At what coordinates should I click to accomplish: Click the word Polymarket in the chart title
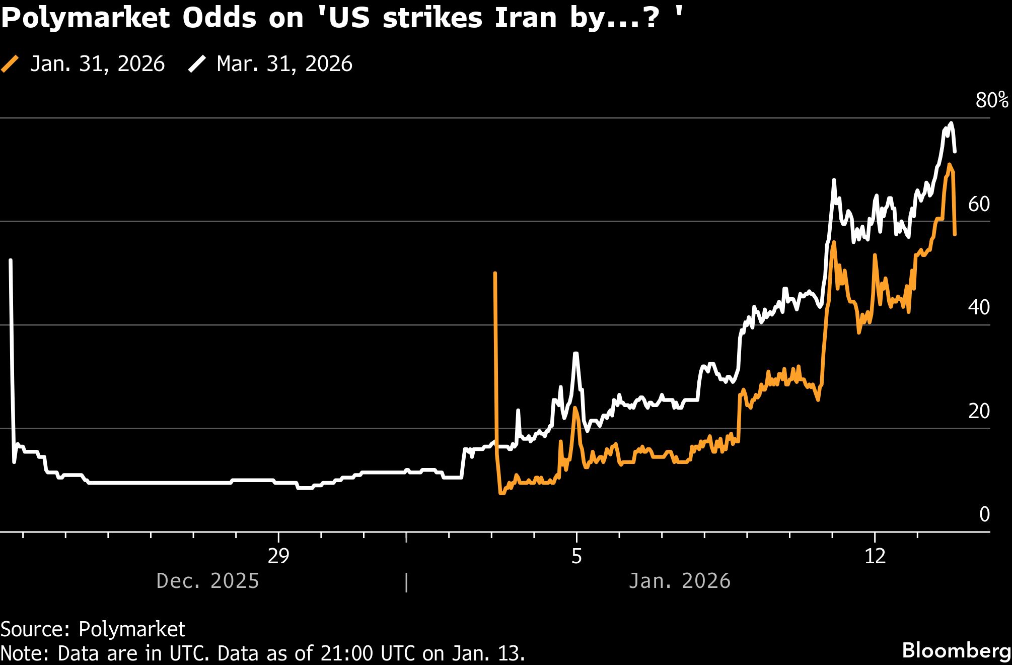point(86,18)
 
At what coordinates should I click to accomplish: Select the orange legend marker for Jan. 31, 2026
point(10,64)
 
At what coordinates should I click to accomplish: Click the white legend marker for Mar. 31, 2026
point(197,64)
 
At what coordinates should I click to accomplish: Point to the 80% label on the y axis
point(991,100)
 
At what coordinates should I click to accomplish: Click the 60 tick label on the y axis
point(979,204)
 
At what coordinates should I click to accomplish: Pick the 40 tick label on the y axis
point(979,307)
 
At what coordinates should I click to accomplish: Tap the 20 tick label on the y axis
point(979,411)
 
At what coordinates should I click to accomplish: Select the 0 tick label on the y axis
point(984,514)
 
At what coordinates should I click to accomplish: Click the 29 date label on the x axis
point(278,556)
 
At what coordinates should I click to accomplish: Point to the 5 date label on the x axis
point(576,556)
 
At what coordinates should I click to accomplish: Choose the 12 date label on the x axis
point(875,556)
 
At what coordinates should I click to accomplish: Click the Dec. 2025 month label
point(207,581)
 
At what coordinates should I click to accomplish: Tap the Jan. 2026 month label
point(679,581)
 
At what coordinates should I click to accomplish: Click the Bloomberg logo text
point(956,650)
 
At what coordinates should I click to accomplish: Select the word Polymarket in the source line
point(132,629)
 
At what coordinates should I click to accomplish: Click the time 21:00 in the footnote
point(346,653)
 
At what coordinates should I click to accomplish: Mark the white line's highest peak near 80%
point(951,123)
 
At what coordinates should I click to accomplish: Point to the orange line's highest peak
point(949,165)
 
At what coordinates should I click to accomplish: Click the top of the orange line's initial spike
point(495,273)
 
